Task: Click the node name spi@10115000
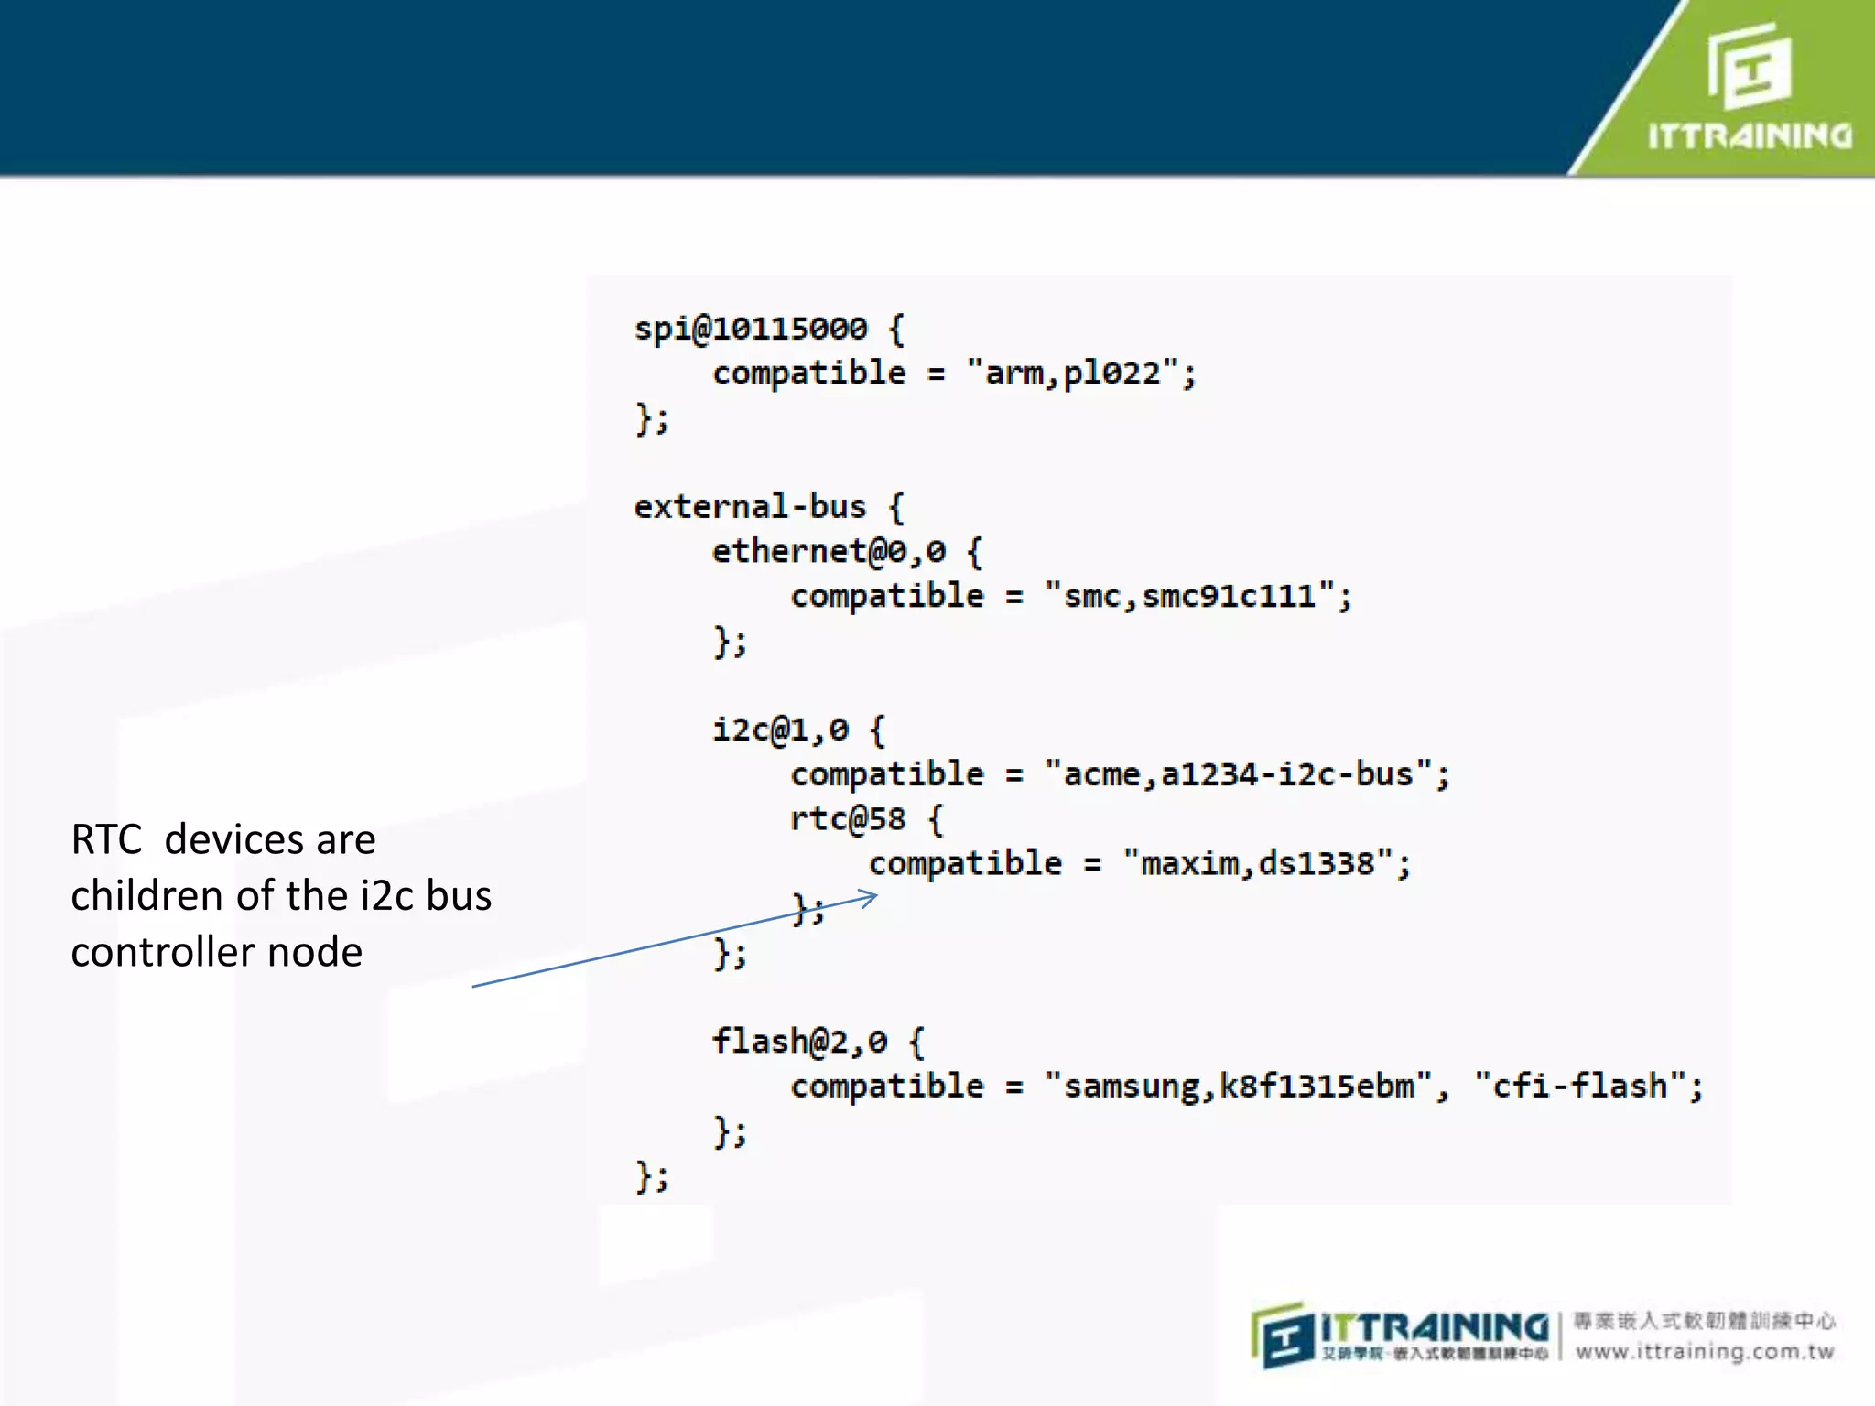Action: [751, 329]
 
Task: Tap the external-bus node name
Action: [750, 506]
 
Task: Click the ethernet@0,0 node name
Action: [829, 551]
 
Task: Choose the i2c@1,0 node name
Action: [781, 730]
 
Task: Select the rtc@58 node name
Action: [848, 818]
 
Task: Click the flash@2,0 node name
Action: [799, 1042]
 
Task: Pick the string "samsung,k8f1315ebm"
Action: [1238, 1087]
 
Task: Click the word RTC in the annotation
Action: [106, 839]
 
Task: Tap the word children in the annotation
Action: [146, 895]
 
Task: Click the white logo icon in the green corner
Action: [1749, 66]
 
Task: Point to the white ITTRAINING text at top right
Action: [1750, 136]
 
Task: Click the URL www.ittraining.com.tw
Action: [1705, 1352]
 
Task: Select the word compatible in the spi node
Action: [809, 373]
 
